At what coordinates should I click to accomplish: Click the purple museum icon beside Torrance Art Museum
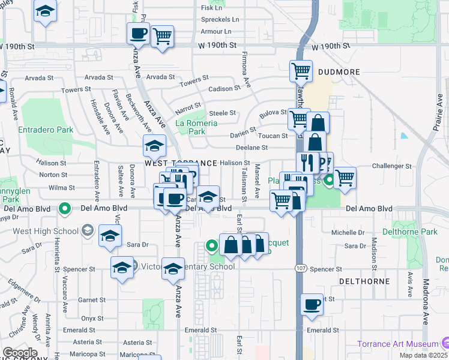(x=445, y=343)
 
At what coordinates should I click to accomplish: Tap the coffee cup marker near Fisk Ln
(x=138, y=34)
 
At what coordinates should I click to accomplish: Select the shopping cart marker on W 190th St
(x=162, y=36)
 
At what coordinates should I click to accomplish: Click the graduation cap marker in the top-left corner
(x=45, y=12)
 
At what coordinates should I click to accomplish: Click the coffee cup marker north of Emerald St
(x=312, y=305)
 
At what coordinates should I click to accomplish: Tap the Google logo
(x=20, y=352)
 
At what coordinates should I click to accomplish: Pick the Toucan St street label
(x=274, y=136)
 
